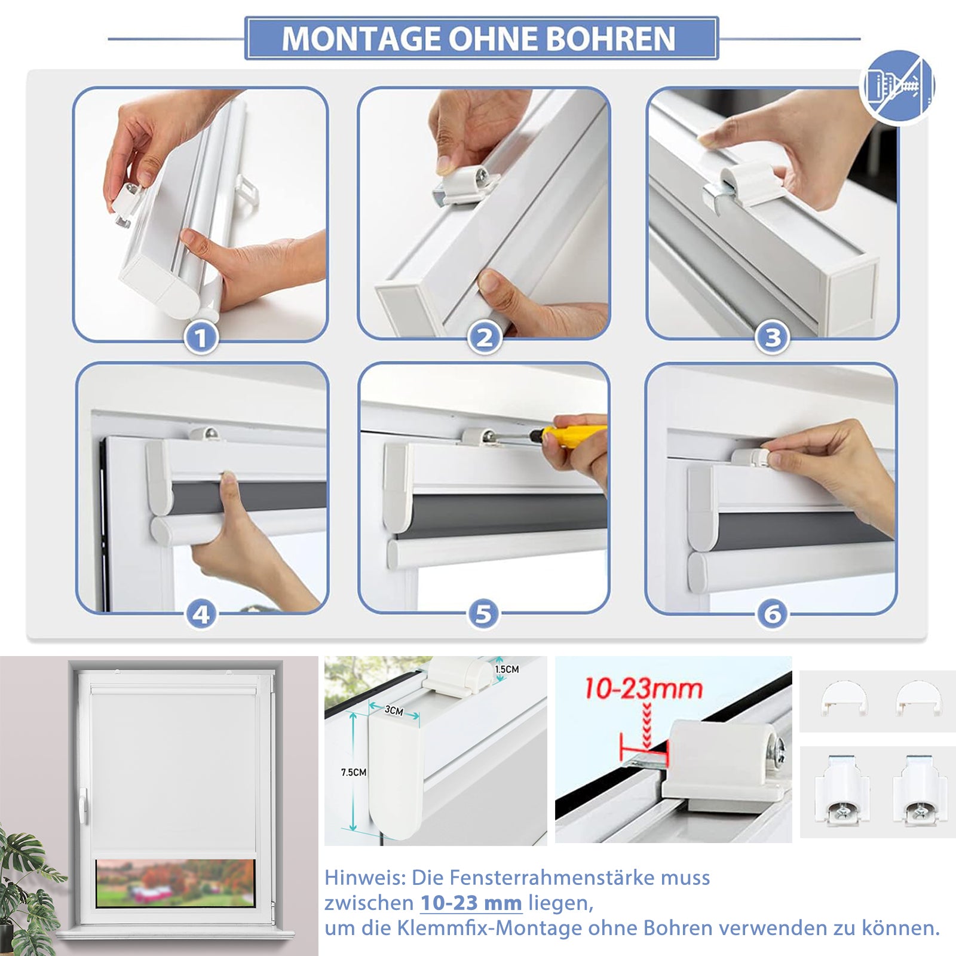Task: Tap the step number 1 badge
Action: [201, 338]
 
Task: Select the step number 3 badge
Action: [773, 338]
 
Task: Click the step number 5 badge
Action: [483, 614]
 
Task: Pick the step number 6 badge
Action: [773, 614]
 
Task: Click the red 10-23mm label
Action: [643, 689]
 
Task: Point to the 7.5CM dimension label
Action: [353, 773]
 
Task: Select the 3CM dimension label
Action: [393, 710]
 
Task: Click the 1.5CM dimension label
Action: [507, 669]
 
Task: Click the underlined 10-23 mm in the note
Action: [471, 903]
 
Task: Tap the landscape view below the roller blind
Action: [174, 883]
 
